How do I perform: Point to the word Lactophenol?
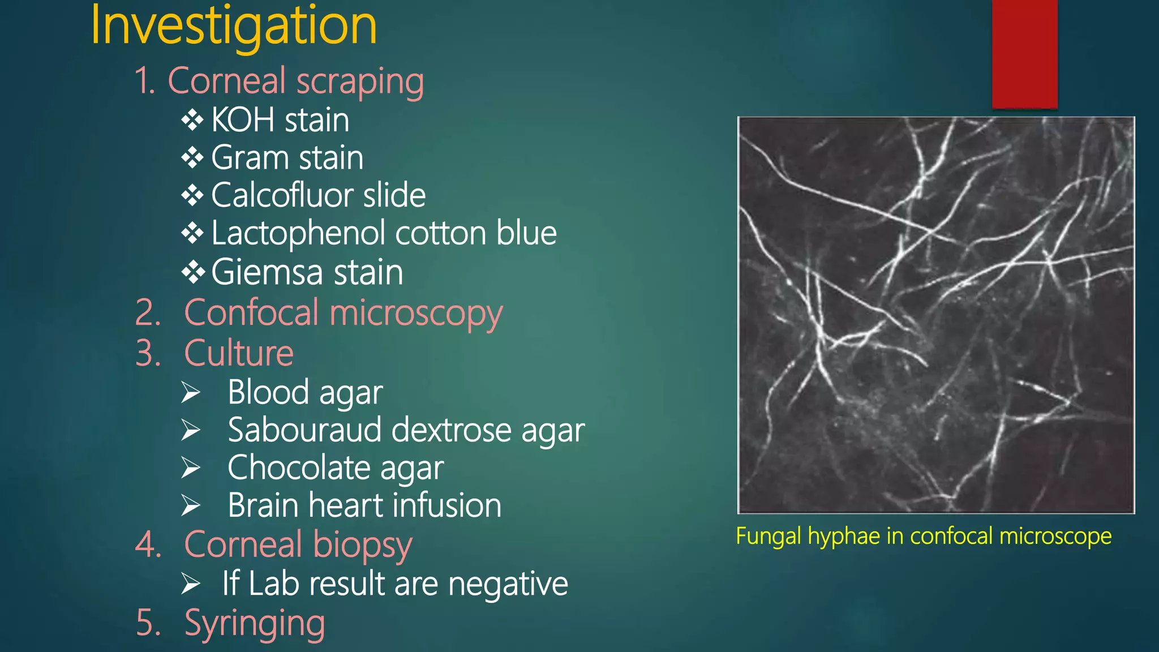tap(300, 233)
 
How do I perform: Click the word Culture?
tap(239, 354)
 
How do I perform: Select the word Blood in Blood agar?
tap(268, 392)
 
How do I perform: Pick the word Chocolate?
tap(299, 468)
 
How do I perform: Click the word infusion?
tap(447, 505)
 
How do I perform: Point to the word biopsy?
tap(362, 545)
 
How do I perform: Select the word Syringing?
tap(255, 623)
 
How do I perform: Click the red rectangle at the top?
tap(1024, 54)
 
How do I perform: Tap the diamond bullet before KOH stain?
tap(192, 120)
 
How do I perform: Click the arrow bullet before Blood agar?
tap(191, 393)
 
